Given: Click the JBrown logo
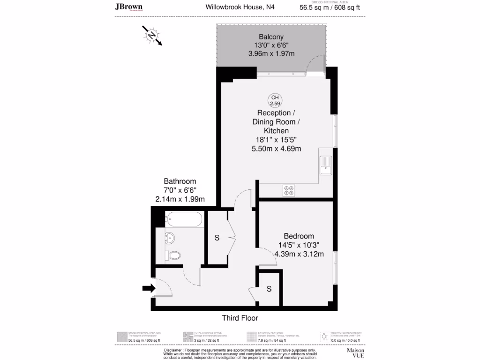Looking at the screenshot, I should [129, 7].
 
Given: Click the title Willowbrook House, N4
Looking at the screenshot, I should [240, 7].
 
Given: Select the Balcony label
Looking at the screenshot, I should [271, 37].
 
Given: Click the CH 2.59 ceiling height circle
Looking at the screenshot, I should [275, 100].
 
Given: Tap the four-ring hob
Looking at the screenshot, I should [289, 190].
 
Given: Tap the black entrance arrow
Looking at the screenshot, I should [148, 288].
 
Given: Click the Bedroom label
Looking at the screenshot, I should [299, 236].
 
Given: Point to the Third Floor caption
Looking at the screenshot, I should [240, 318].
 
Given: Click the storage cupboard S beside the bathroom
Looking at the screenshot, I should [217, 238].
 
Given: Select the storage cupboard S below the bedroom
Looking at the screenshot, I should [269, 289].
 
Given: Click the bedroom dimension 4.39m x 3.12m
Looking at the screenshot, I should [299, 254].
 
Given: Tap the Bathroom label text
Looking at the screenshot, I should [180, 181].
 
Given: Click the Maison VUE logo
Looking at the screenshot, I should [355, 352].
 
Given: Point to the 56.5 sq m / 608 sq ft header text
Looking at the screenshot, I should [330, 7].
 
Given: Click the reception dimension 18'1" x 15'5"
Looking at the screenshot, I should [276, 140].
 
